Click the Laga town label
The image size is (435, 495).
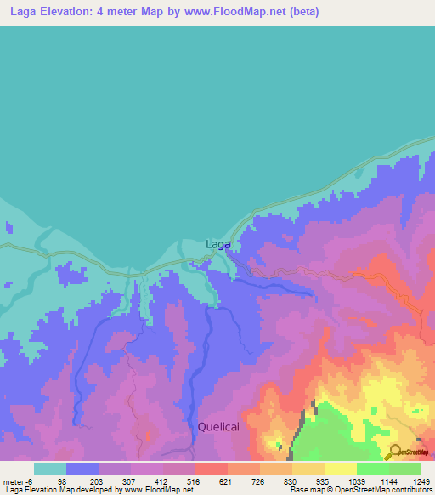coord(218,244)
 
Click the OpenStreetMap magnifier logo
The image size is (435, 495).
coord(393,452)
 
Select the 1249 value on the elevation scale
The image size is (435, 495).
coord(411,481)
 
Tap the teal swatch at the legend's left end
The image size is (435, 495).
coord(50,469)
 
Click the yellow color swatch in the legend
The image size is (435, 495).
coord(340,469)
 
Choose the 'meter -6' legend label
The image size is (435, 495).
coord(18,481)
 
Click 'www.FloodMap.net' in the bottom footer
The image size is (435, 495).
coord(156,490)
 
